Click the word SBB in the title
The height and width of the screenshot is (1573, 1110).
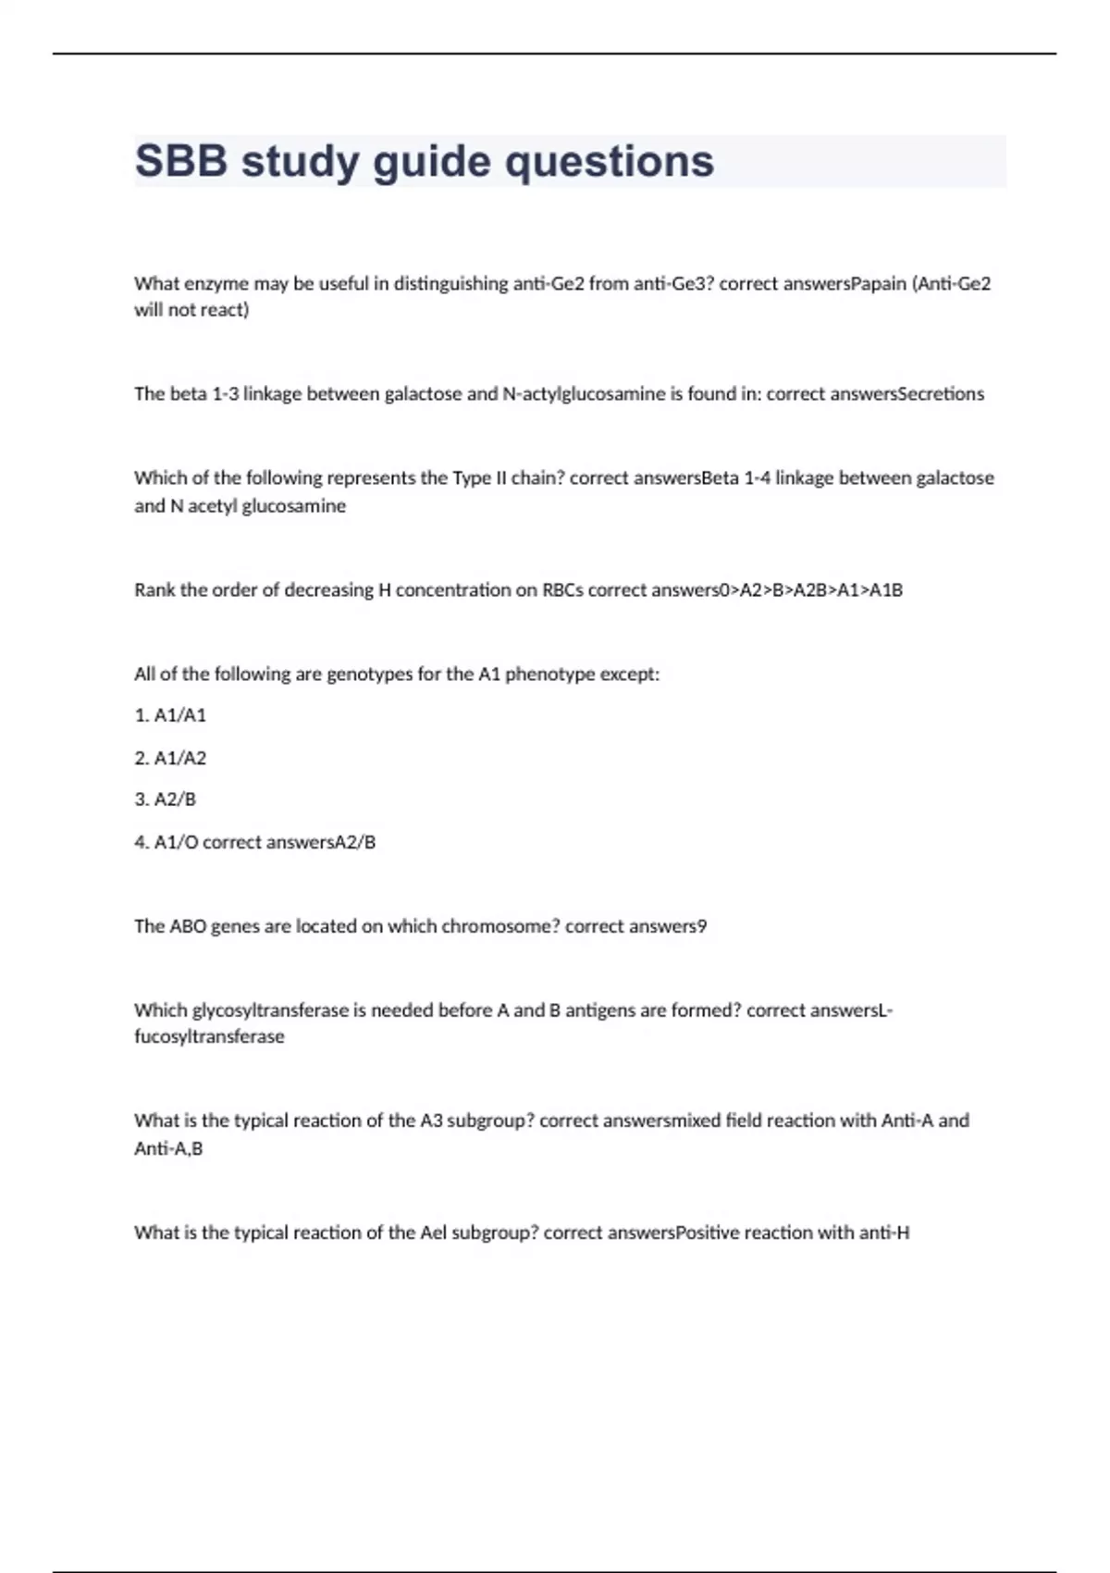tap(181, 162)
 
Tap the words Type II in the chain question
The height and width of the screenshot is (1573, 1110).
tap(475, 478)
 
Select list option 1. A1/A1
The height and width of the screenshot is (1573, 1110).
tap(170, 715)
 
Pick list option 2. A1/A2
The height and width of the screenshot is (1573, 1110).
tap(170, 758)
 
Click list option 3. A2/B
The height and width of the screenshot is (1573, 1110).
tap(166, 799)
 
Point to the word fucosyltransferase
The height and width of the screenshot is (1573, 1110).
tap(209, 1037)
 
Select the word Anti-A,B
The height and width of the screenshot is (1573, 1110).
tap(168, 1149)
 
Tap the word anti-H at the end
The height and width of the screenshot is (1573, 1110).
tap(884, 1232)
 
